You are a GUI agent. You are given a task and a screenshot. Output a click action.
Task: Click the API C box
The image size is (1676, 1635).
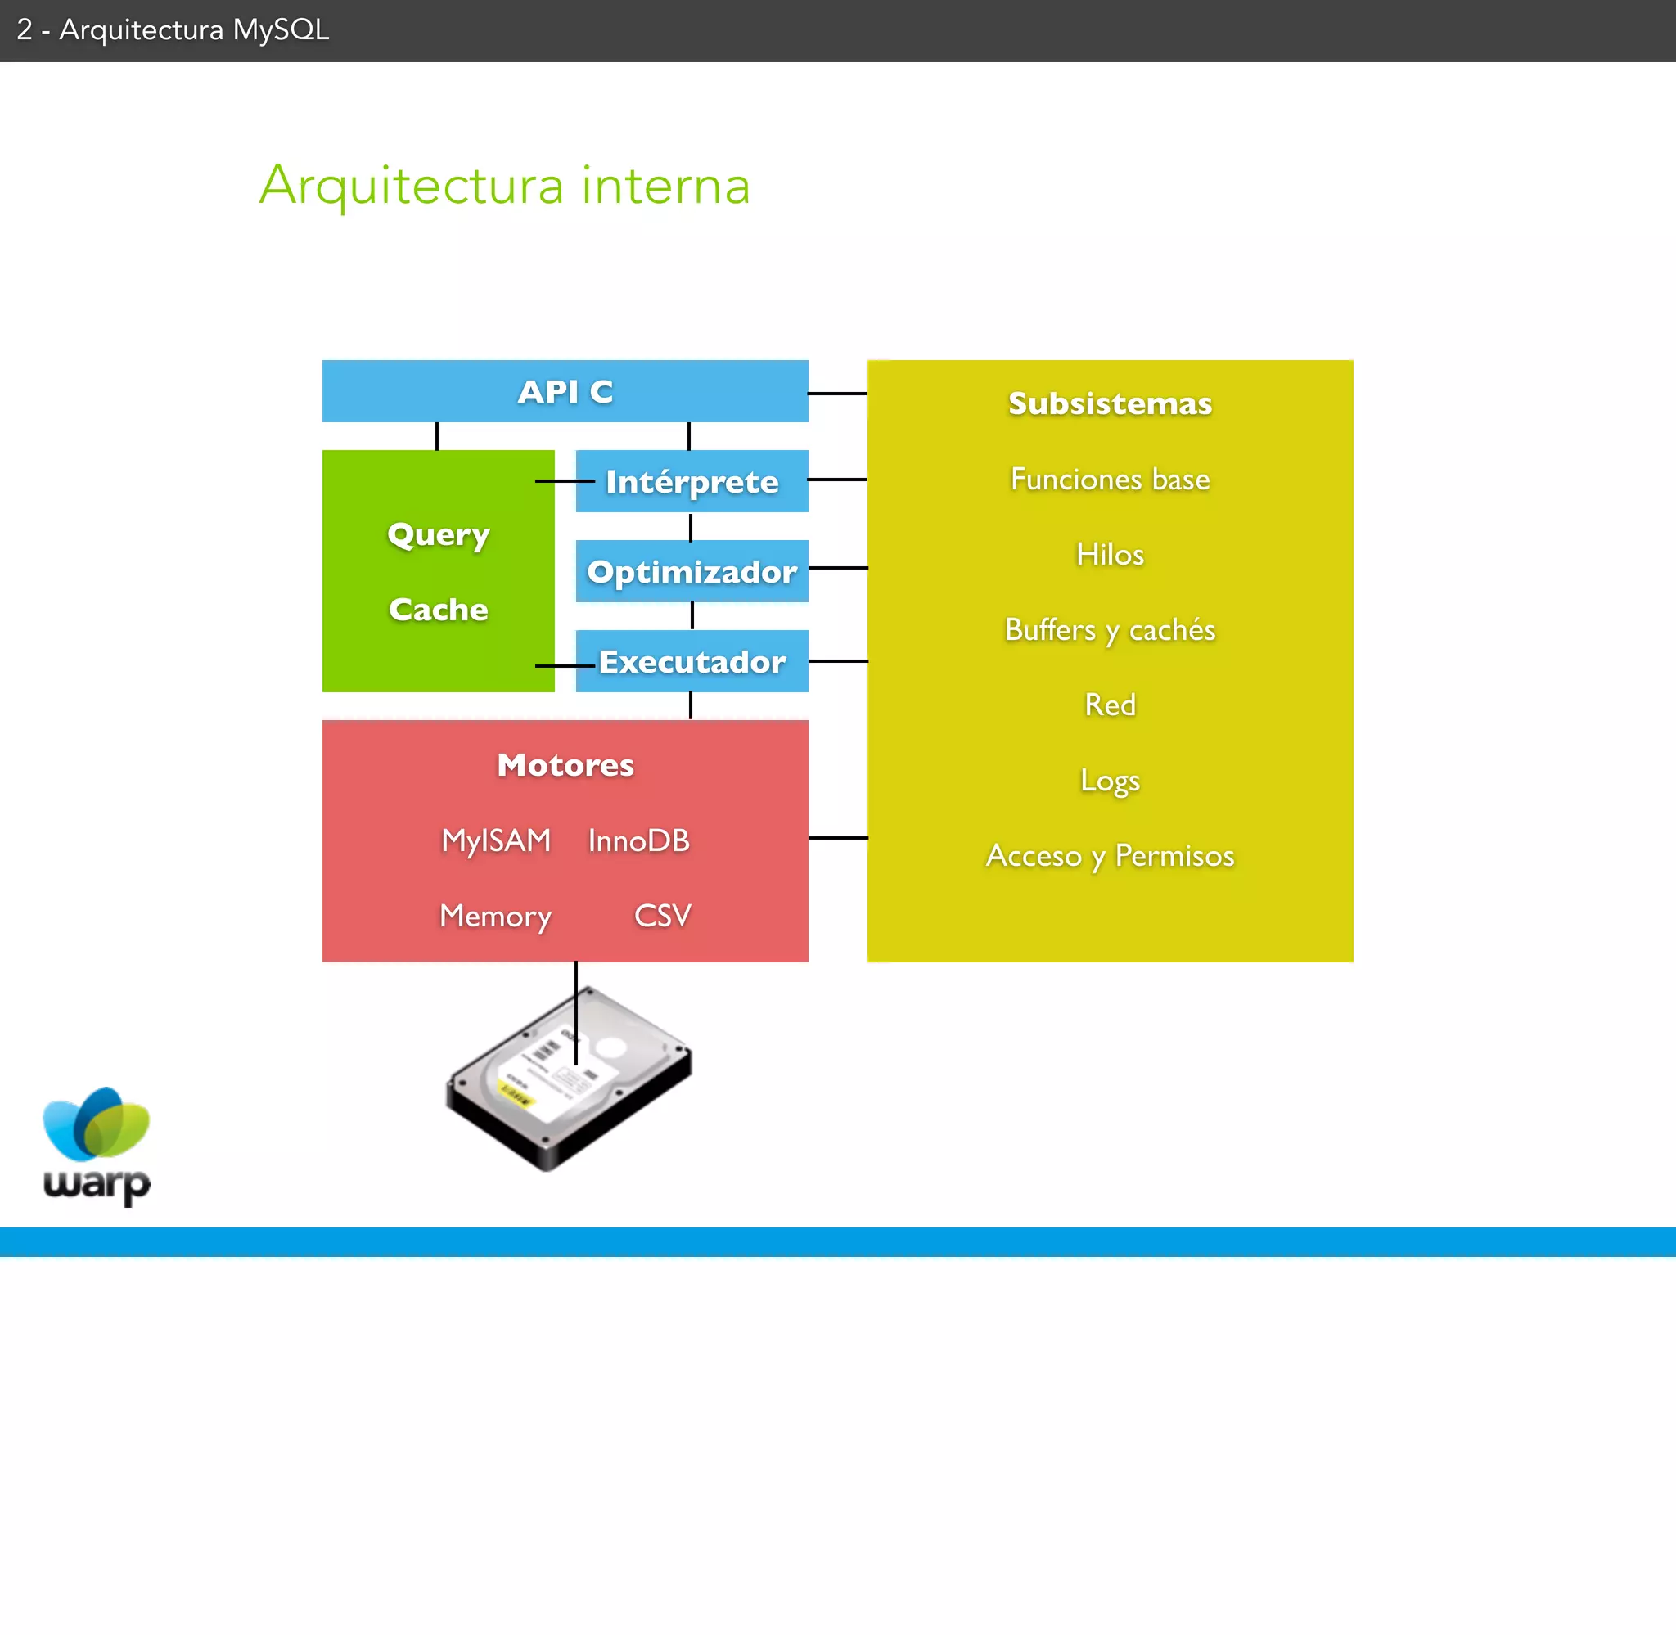point(565,392)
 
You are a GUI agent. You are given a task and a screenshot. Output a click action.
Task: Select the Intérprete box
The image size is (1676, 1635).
point(692,482)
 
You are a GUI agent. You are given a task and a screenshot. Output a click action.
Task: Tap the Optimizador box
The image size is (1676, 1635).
point(692,572)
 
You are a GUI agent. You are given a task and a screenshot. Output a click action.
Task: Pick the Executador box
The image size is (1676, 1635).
point(692,662)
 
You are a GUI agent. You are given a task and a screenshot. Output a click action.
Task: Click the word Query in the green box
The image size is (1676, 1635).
point(438,535)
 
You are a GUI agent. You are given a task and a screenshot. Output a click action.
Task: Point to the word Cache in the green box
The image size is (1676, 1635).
point(438,610)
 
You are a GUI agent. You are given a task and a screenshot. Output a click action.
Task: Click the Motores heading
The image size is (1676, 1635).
point(565,765)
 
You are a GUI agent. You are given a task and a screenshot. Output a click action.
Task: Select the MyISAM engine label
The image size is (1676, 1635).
point(495,840)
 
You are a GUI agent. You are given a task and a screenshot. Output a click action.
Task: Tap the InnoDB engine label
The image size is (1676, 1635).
point(639,840)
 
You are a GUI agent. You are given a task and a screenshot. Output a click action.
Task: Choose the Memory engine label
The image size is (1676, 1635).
point(495,917)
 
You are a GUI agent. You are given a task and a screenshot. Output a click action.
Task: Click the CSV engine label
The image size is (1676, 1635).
point(662,916)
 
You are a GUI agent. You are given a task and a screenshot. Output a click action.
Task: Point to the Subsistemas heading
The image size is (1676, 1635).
point(1110,403)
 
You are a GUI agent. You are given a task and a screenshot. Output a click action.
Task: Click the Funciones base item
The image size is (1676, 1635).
point(1110,480)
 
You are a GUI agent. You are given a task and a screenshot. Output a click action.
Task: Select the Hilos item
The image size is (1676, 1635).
point(1110,555)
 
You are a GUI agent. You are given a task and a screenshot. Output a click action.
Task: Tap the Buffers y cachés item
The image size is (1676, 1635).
point(1110,630)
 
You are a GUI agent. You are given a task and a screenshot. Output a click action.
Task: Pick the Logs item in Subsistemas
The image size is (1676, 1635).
point(1110,781)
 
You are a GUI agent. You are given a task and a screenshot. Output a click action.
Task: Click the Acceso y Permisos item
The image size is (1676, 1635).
point(1110,856)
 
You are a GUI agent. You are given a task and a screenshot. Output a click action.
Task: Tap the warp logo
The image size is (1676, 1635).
point(97,1146)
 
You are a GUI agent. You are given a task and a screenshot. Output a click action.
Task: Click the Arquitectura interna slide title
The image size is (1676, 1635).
point(505,185)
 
